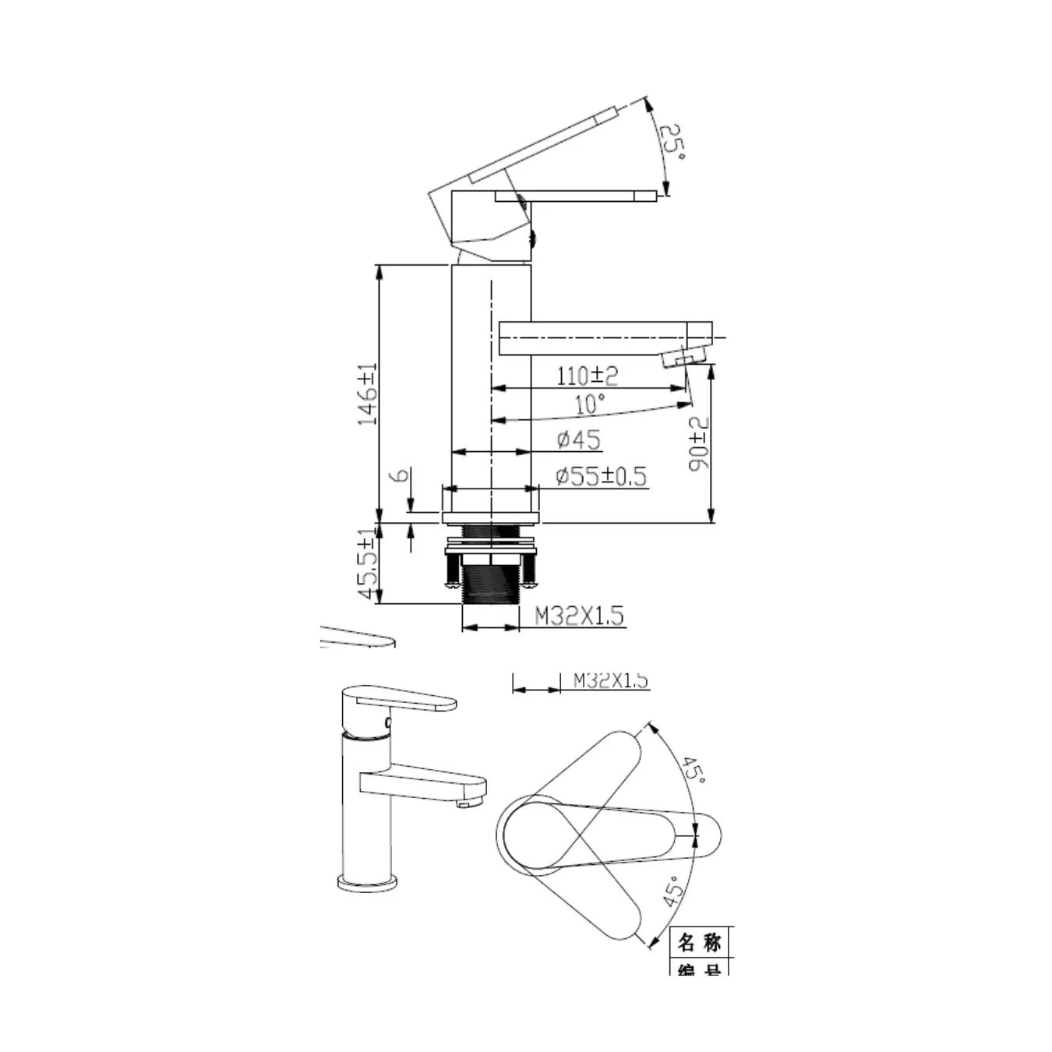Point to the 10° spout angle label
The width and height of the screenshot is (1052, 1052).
pyautogui.click(x=590, y=404)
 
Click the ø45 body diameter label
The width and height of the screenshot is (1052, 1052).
pyautogui.click(x=579, y=440)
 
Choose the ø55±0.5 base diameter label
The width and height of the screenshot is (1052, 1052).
pyautogui.click(x=601, y=475)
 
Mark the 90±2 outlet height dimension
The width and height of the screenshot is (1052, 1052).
pyautogui.click(x=699, y=443)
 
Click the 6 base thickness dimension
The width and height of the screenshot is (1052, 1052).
pyautogui.click(x=402, y=475)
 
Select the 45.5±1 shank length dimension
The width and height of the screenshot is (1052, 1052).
pyautogui.click(x=367, y=565)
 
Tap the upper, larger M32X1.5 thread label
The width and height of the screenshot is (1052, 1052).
pyautogui.click(x=579, y=616)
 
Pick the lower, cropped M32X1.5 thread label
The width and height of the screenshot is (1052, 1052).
pyautogui.click(x=610, y=680)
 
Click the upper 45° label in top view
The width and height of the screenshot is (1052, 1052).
pyautogui.click(x=693, y=770)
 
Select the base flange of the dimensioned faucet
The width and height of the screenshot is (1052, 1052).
pyautogui.click(x=491, y=517)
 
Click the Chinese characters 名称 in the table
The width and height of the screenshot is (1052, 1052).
pyautogui.click(x=699, y=942)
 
